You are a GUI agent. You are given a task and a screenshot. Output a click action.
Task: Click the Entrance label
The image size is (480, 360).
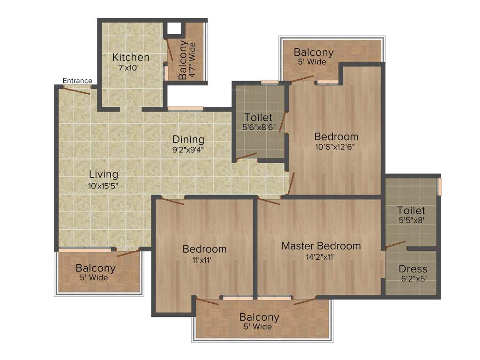(77, 81)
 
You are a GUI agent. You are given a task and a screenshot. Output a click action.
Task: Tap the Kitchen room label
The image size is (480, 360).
(131, 58)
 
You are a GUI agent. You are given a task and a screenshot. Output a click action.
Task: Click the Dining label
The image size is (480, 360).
(188, 139)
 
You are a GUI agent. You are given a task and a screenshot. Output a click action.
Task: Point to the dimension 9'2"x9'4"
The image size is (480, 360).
(188, 150)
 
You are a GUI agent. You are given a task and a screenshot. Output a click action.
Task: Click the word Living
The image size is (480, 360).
(104, 174)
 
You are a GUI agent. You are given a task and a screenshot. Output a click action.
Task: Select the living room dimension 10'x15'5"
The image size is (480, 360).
(104, 185)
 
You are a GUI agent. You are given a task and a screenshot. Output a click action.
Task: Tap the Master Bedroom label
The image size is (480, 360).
(321, 246)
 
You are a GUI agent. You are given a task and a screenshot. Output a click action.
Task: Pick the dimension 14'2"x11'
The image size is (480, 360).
(321, 256)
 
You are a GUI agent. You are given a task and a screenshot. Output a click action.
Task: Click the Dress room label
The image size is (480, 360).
(413, 269)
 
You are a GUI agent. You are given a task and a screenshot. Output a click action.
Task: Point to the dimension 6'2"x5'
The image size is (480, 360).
(413, 279)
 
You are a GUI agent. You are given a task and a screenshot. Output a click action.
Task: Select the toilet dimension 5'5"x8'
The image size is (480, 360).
(411, 220)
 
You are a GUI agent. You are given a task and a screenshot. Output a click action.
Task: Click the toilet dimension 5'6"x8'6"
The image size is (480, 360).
(258, 127)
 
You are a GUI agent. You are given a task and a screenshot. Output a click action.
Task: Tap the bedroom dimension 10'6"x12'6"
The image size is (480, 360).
(336, 147)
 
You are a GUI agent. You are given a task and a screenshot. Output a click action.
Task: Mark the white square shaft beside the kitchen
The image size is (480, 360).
(174, 29)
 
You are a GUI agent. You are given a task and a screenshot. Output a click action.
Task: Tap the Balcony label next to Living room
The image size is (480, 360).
(96, 268)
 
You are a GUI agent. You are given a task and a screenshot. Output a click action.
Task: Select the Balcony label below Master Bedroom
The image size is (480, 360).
(259, 317)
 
